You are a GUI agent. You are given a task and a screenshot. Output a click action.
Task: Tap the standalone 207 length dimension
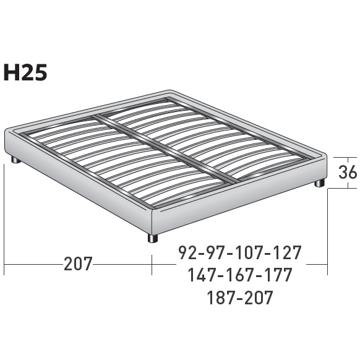[78, 264]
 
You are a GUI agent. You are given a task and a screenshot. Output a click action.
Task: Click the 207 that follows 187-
[258, 298]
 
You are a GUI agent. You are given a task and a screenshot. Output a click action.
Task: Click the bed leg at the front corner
[152, 238]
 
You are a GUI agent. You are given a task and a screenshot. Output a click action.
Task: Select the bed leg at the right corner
[319, 183]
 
